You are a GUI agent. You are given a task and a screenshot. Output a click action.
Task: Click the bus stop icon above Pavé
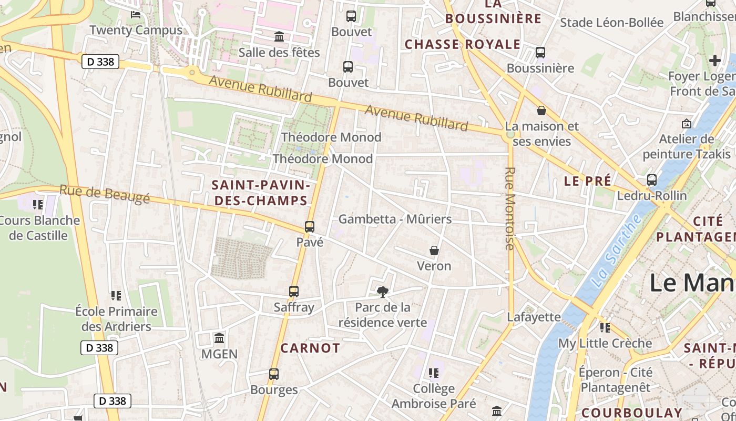310,227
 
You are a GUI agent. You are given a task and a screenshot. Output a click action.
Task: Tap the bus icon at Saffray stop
294,291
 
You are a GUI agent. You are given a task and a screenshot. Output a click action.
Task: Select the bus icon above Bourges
274,374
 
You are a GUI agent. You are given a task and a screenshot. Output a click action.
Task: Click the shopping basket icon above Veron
434,250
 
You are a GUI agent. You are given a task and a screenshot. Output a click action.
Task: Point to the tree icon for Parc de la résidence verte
383,292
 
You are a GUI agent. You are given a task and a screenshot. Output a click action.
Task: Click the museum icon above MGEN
219,338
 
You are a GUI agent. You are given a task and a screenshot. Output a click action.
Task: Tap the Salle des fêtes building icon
279,37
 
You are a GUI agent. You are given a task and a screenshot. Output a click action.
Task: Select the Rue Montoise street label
509,208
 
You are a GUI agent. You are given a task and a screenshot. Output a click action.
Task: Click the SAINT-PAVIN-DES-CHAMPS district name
260,193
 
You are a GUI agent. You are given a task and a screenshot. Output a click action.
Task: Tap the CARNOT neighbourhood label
310,348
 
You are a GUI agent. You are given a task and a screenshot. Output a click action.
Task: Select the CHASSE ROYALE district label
462,44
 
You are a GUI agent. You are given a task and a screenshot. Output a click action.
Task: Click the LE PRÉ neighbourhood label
587,181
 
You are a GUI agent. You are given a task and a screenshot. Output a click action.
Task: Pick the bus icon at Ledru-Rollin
652,180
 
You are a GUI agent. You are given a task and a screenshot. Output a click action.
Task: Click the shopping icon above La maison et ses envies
541,111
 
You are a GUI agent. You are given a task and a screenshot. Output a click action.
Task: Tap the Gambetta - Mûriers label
395,219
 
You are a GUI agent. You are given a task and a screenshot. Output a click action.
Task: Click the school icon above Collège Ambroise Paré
434,373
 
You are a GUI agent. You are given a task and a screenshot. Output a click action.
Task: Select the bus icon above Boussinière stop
540,53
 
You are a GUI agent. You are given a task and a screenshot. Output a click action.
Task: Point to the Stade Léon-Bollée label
611,23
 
